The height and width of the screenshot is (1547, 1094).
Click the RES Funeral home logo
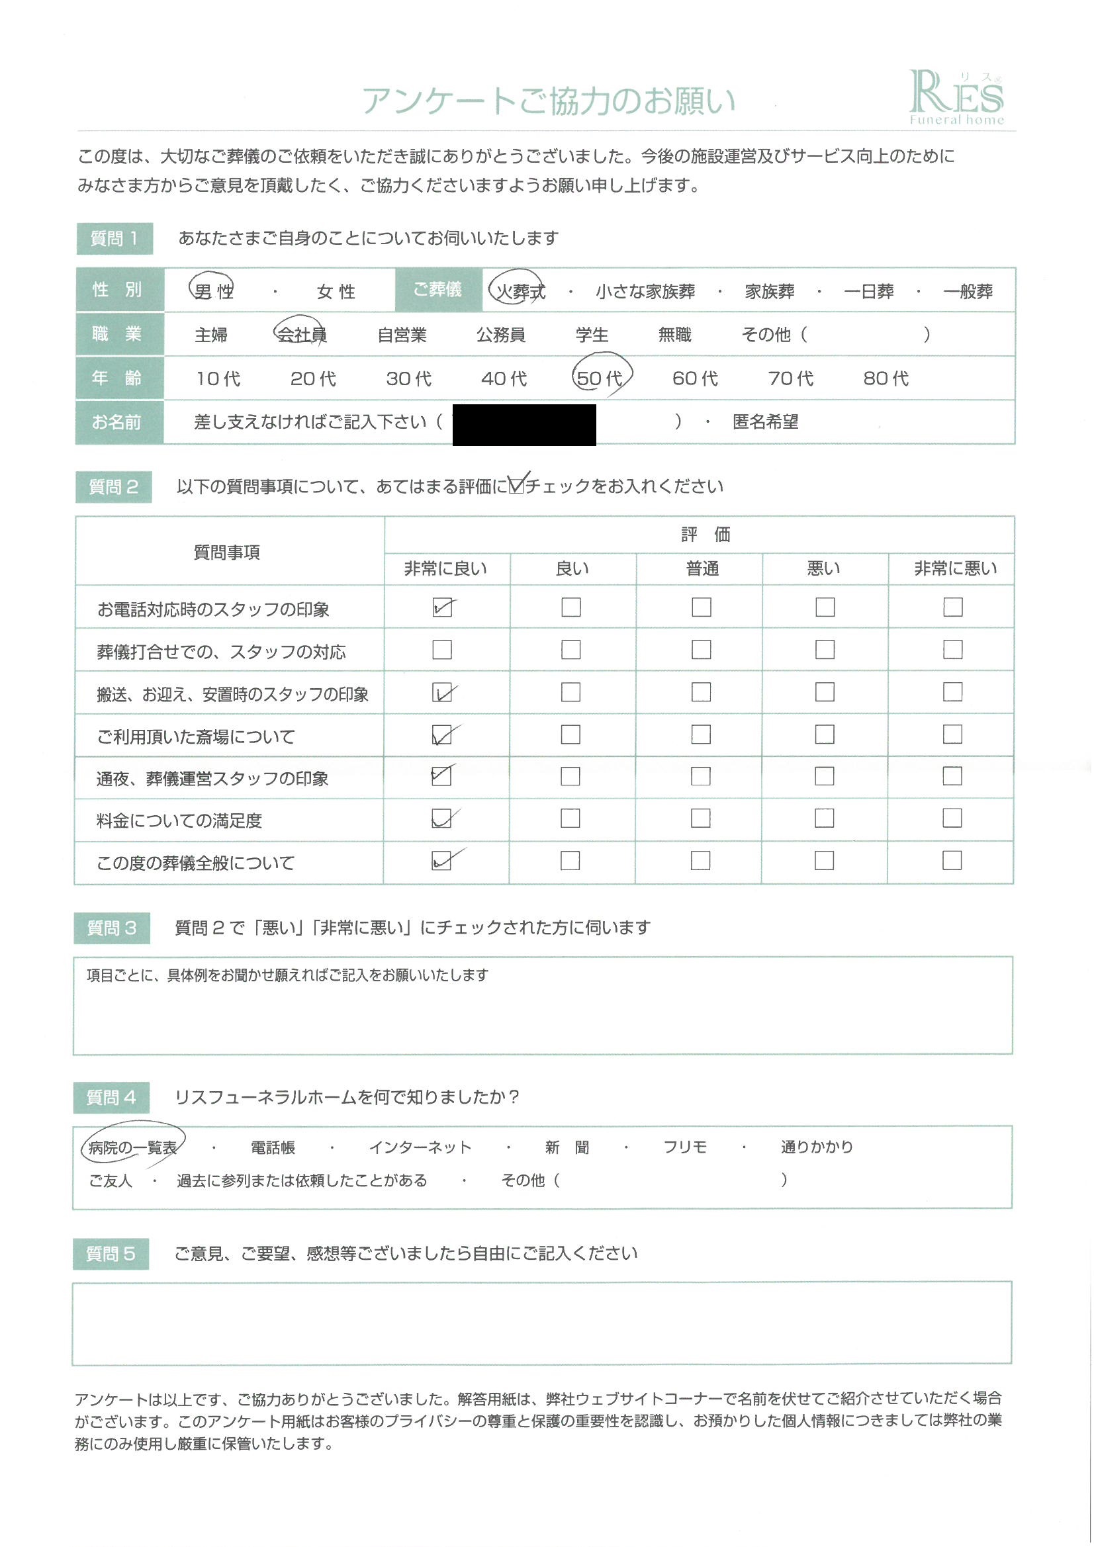point(956,99)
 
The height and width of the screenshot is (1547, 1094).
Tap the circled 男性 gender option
point(213,291)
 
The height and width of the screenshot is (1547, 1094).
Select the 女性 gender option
point(336,291)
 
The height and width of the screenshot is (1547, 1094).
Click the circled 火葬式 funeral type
point(519,291)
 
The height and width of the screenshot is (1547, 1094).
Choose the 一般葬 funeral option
point(968,291)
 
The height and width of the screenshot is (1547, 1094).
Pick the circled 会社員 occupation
point(301,334)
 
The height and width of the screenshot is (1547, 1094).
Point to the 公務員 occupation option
point(500,334)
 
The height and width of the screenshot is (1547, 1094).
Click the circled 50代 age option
point(600,378)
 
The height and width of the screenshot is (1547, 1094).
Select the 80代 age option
point(886,378)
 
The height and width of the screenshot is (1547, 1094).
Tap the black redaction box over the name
point(524,425)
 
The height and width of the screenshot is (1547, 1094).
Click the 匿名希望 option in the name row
point(765,422)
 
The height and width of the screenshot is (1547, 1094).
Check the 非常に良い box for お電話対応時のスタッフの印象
point(442,607)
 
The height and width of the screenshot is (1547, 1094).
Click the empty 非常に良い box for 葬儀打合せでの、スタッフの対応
point(442,650)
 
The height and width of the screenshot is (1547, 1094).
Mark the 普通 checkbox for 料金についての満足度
point(700,818)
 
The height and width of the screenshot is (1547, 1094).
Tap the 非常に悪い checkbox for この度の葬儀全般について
point(952,860)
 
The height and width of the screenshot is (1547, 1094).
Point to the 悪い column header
point(824,568)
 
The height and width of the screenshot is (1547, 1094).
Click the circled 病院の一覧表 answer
point(132,1147)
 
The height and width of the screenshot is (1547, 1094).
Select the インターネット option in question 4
point(420,1147)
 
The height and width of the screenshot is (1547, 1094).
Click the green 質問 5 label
point(111,1254)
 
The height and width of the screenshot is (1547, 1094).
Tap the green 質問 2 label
point(113,486)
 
